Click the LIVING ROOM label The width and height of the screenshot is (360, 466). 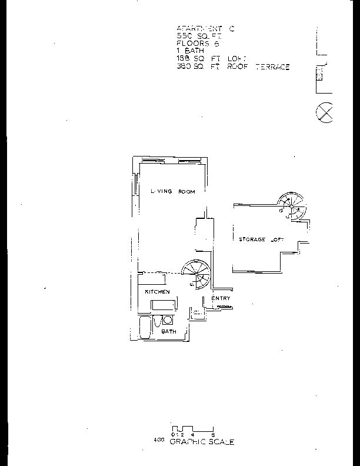tap(172, 192)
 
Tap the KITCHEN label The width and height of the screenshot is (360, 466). tap(157, 292)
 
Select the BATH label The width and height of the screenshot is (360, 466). tap(169, 332)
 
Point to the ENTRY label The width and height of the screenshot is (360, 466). tap(221, 298)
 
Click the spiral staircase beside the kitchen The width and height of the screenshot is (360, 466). tap(196, 275)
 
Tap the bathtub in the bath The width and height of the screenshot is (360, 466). tap(145, 327)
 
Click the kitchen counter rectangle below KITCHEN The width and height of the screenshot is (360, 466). tap(163, 305)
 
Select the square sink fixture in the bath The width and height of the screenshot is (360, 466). tap(167, 320)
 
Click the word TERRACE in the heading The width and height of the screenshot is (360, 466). tap(272, 67)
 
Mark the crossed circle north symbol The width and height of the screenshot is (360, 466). tap(325, 112)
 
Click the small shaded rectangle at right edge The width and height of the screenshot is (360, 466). tap(319, 75)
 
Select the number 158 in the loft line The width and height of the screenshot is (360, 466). tap(182, 59)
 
